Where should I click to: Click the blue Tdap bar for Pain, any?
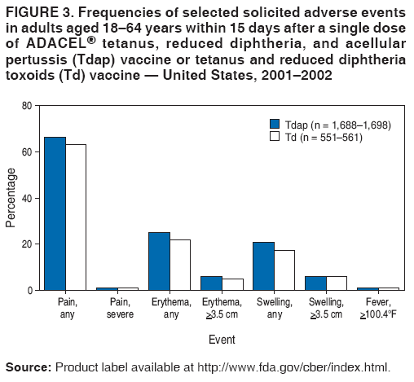click(x=55, y=213)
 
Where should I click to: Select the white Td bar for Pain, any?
click(x=76, y=217)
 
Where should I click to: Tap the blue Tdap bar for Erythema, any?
click(x=159, y=261)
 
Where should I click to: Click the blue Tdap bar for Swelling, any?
click(x=263, y=266)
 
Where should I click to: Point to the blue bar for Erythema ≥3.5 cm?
click(x=211, y=283)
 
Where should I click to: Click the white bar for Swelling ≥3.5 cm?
click(x=337, y=283)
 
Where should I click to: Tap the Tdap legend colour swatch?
click(x=275, y=125)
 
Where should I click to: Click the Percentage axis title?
click(x=11, y=198)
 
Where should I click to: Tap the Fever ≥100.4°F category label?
click(x=378, y=308)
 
